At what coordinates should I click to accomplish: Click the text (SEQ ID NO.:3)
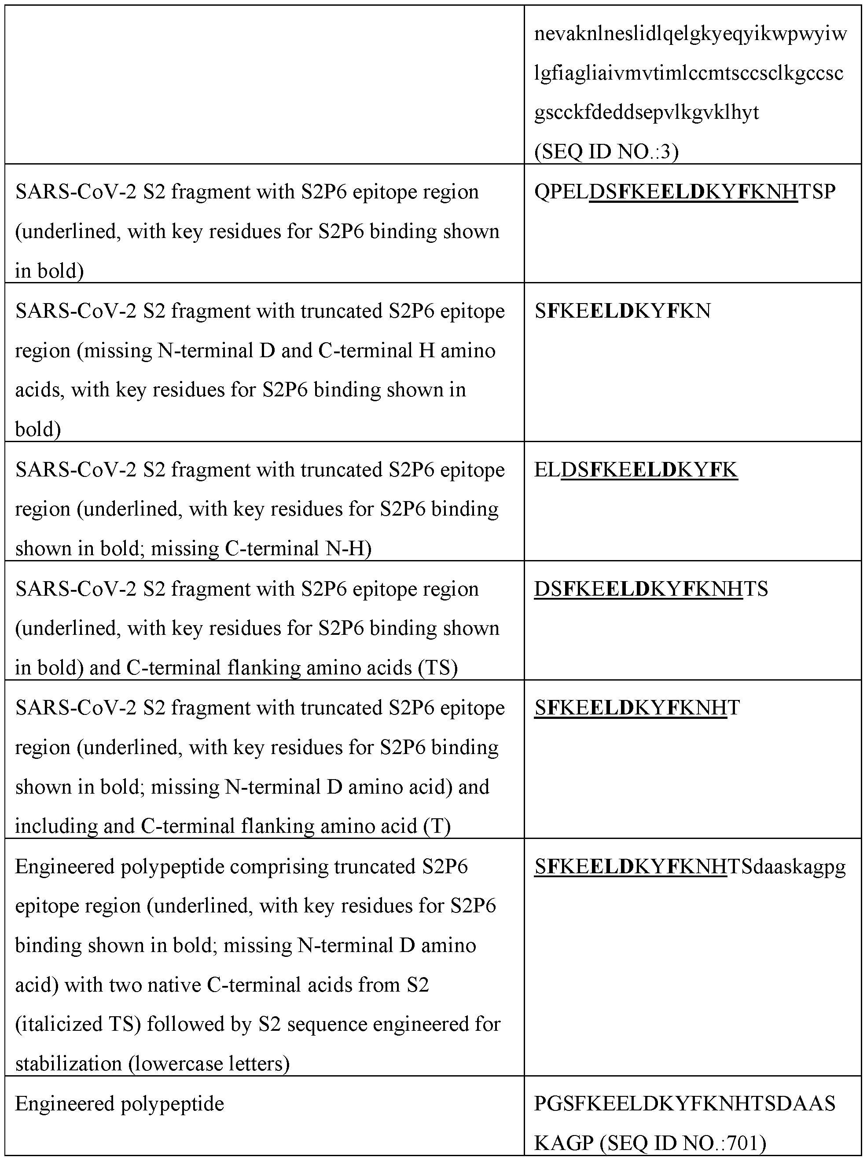pyautogui.click(x=606, y=152)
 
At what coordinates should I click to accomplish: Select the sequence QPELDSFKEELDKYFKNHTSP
pyautogui.click(x=684, y=192)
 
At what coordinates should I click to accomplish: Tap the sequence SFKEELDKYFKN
pyautogui.click(x=622, y=311)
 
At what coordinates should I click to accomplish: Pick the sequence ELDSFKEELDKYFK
pyautogui.click(x=636, y=469)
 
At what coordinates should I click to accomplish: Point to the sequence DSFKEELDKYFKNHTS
pyautogui.click(x=651, y=589)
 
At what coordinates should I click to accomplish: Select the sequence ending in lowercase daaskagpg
pyautogui.click(x=690, y=867)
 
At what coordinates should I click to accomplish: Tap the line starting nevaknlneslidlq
pyautogui.click(x=690, y=35)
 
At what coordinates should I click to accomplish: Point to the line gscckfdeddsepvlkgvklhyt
pyautogui.click(x=646, y=112)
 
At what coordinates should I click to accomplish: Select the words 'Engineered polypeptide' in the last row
pyautogui.click(x=120, y=1104)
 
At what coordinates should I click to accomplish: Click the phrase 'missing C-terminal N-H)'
pyautogui.click(x=298, y=549)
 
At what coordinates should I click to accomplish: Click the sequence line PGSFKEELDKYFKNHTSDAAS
pyautogui.click(x=684, y=1104)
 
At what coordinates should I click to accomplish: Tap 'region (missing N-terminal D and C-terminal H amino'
pyautogui.click(x=255, y=351)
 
